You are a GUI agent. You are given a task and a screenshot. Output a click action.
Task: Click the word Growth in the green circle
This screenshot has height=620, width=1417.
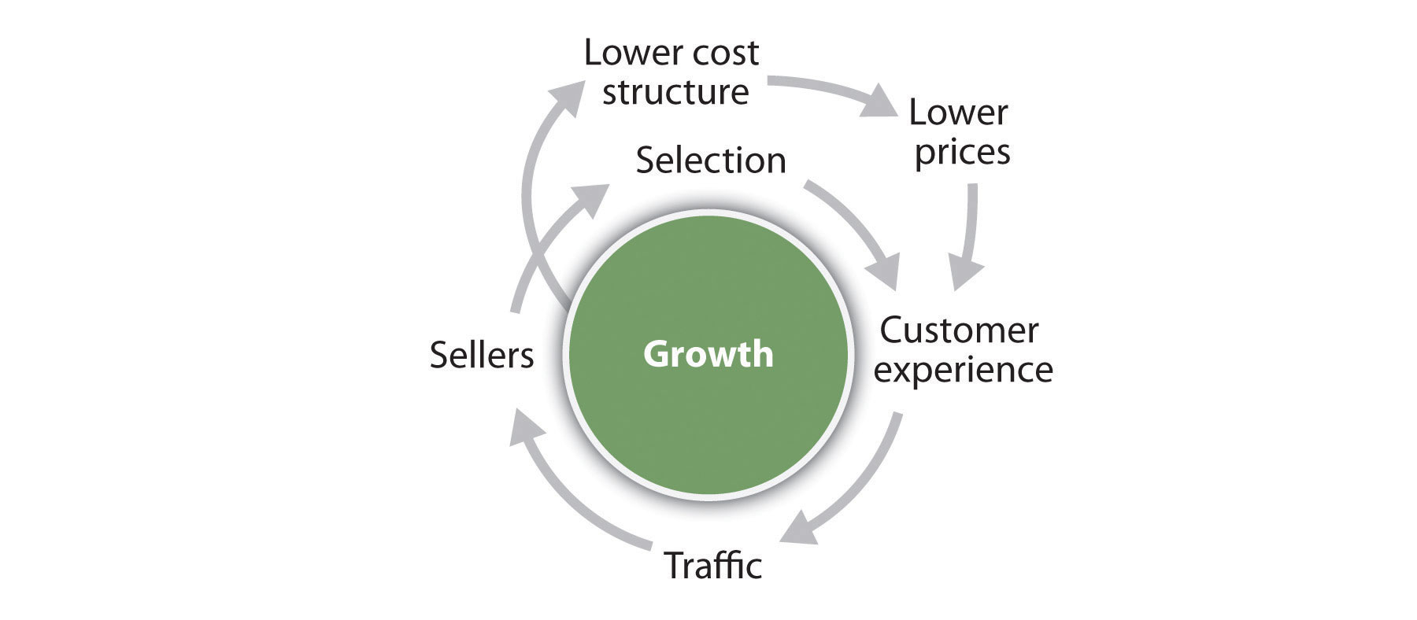pos(708,354)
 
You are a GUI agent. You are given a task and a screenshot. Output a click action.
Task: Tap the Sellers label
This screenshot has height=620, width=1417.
pos(482,356)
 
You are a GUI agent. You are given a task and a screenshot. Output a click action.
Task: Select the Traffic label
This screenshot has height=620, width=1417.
pos(713,565)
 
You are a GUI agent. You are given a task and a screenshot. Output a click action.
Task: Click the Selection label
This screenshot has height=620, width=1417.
pos(711,161)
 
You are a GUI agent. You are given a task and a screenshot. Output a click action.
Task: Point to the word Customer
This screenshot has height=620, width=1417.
pos(959,330)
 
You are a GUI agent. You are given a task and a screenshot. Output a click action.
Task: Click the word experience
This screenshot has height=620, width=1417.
pos(963,370)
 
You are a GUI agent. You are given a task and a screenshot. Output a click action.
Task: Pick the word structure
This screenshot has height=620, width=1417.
pos(675,92)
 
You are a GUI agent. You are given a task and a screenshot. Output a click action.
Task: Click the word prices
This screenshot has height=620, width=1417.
pos(962,151)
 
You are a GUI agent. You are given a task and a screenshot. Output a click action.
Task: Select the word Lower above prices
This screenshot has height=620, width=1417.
pos(958,113)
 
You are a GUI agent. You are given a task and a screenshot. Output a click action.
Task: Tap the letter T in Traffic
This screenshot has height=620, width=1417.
pos(674,565)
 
